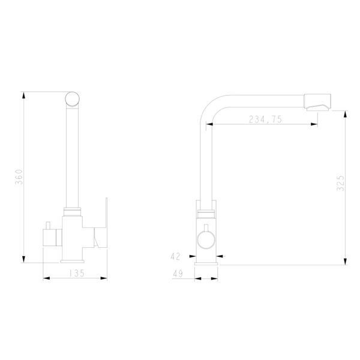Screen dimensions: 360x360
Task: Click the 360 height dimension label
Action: click(19, 177)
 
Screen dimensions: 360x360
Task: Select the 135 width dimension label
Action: click(77, 273)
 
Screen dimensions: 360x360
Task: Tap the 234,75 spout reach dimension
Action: click(265, 119)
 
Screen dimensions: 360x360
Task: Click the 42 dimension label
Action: click(175, 256)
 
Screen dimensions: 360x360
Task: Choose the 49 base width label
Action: click(178, 274)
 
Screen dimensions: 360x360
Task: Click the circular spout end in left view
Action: click(73, 99)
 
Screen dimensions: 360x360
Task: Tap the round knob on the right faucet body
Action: click(206, 240)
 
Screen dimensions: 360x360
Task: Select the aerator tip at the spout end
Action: click(317, 103)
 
